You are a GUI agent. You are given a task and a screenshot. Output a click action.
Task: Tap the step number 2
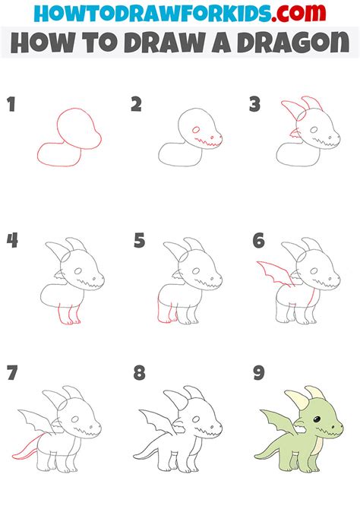click(136, 105)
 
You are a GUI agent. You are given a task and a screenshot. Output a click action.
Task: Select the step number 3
click(255, 105)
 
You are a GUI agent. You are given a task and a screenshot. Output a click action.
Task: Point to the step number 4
click(12, 242)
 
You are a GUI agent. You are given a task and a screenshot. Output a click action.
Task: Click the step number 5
click(139, 242)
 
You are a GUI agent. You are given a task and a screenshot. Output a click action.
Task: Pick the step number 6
click(259, 242)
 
